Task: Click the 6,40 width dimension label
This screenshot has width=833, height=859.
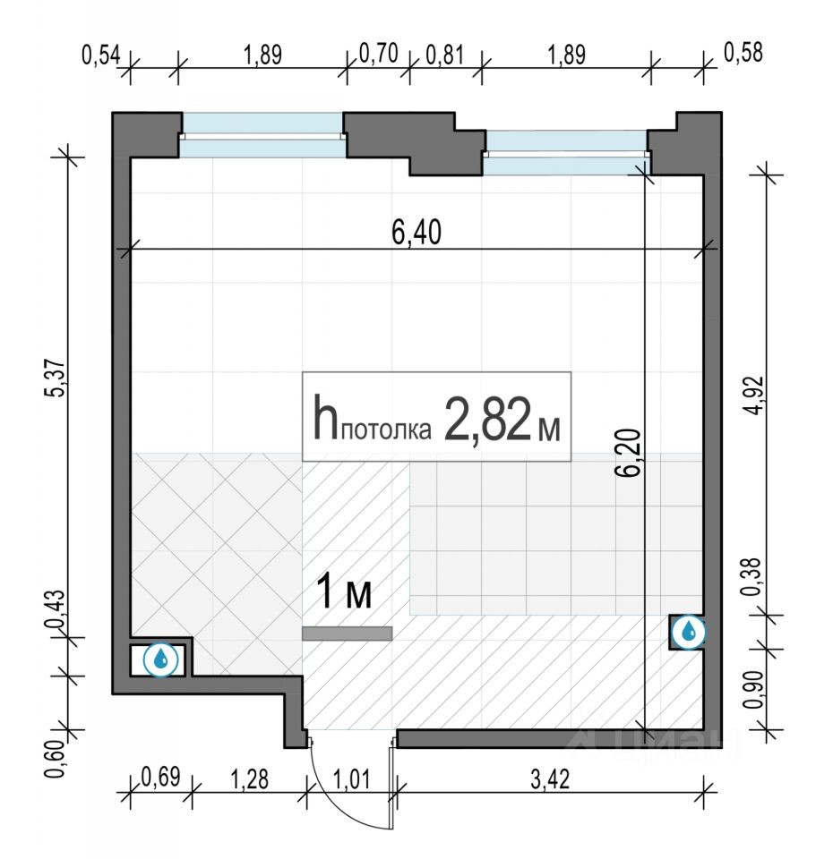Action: pos(416,232)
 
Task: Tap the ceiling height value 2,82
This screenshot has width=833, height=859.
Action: pos(487,419)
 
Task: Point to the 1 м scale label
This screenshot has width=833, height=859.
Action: pos(345,591)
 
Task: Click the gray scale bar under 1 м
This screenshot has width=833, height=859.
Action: pos(348,634)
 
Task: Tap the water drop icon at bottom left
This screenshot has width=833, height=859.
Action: pos(160,659)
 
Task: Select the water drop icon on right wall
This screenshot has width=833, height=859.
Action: pos(688,633)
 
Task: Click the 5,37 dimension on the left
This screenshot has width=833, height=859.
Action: pos(57,378)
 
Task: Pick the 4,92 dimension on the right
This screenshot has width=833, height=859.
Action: pos(756,395)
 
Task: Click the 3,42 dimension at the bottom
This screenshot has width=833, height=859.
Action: pos(550,779)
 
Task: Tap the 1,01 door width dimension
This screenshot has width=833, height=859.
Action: pos(351,779)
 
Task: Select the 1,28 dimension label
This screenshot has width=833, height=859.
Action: pos(250,779)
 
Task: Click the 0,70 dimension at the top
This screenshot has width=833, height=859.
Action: pos(378,54)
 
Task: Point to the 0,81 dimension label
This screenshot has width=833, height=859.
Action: pos(445,55)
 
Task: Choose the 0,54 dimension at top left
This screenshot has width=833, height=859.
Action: pos(101,55)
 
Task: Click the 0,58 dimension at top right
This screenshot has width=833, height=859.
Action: pos(743,53)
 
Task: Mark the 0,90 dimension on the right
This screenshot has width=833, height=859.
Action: pos(755,689)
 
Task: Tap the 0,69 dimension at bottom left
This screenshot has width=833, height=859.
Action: pos(160,777)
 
